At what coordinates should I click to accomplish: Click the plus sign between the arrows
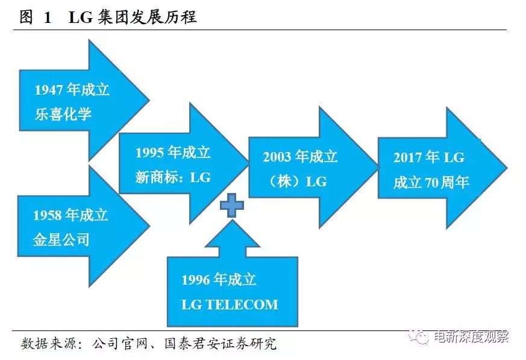pyautogui.click(x=231, y=206)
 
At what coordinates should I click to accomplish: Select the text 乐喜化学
pyautogui.click(x=63, y=113)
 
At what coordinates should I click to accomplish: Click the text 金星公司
pyautogui.click(x=61, y=239)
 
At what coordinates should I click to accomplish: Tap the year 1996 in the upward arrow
pyautogui.click(x=196, y=280)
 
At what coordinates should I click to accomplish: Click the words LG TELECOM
pyautogui.click(x=230, y=305)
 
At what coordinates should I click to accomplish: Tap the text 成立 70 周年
pyautogui.click(x=431, y=182)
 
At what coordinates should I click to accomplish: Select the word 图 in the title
pyautogui.click(x=26, y=17)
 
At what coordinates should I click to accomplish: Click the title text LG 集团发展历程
pyautogui.click(x=133, y=17)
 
